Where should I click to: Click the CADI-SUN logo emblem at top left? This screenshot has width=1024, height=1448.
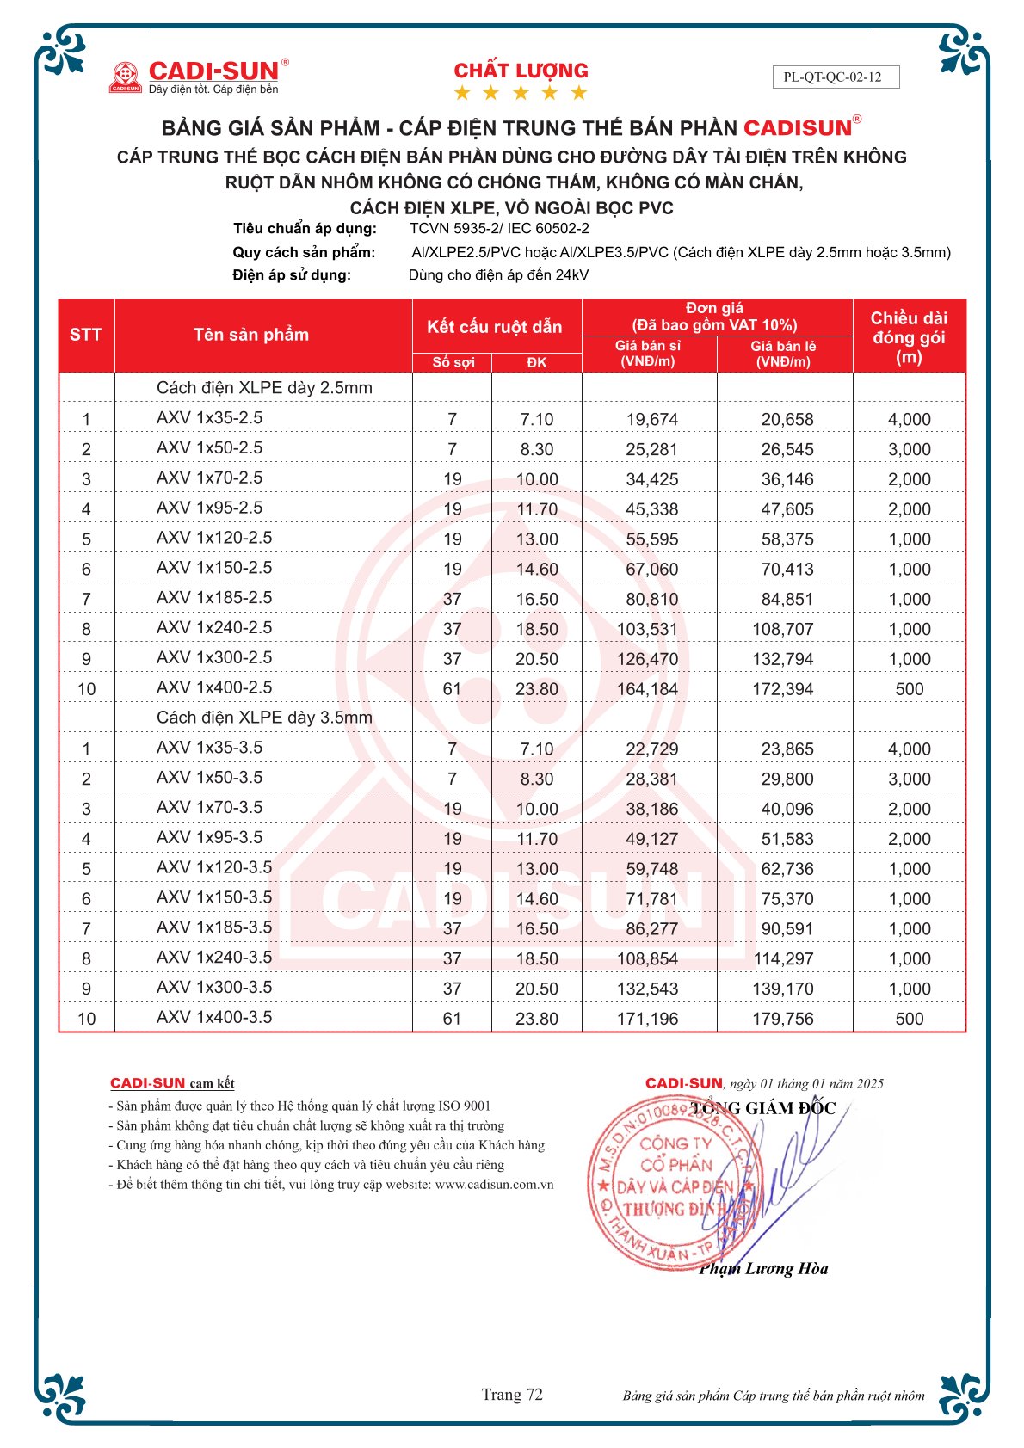pos(126,77)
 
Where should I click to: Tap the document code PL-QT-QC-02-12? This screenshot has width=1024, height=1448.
pos(832,77)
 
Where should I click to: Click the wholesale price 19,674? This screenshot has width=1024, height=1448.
pos(651,420)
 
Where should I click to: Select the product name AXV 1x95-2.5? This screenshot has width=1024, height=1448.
pos(209,508)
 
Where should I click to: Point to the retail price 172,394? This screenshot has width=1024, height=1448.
pos(782,689)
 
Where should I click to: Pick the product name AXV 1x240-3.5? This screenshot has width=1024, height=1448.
pos(214,957)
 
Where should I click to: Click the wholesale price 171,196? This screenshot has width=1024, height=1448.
pos(647,1019)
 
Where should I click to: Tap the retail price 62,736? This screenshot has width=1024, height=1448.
pos(787,869)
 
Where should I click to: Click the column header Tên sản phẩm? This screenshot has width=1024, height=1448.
pos(250,335)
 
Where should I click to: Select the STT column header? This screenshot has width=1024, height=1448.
pos(85,335)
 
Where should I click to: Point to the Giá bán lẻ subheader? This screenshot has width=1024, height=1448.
pos(783,353)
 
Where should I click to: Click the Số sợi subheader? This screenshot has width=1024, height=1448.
pos(453,362)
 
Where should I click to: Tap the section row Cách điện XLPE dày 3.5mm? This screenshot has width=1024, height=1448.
pos(264,718)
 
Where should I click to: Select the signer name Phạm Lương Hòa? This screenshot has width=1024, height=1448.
pos(763,1268)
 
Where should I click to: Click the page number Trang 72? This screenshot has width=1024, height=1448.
pos(512,1395)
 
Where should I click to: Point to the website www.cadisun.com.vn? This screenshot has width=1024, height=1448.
pos(494,1185)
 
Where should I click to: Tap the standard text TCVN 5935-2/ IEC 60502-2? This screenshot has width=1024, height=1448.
pos(499,229)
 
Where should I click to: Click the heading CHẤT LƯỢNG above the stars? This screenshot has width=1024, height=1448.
pos(521,71)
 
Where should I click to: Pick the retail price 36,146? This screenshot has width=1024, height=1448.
pos(787,479)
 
